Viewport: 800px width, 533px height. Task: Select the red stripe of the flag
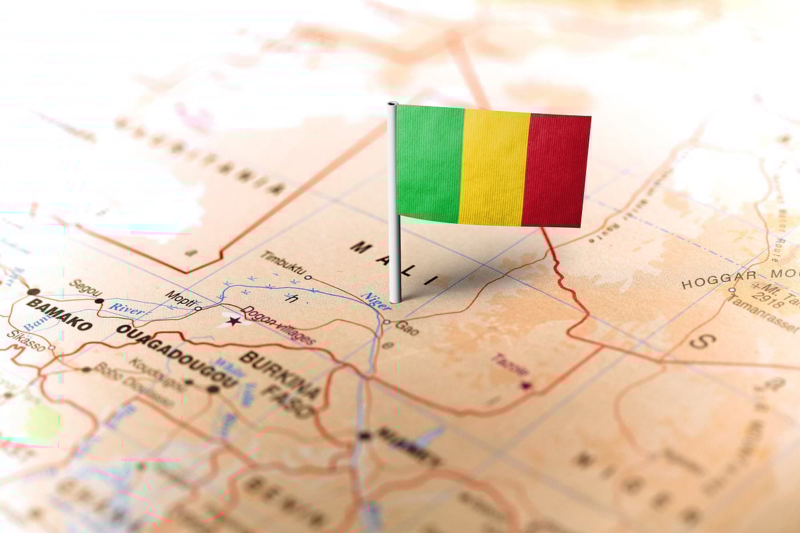(x=556, y=171)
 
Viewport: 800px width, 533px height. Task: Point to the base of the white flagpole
(x=395, y=299)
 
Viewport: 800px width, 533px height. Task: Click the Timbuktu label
(x=283, y=264)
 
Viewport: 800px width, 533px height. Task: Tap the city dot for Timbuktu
(x=308, y=277)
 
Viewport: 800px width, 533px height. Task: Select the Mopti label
(x=180, y=298)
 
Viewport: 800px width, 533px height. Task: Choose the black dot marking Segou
(x=99, y=301)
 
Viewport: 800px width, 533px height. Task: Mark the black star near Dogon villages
(x=233, y=321)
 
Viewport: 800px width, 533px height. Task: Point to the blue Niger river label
(x=375, y=300)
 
